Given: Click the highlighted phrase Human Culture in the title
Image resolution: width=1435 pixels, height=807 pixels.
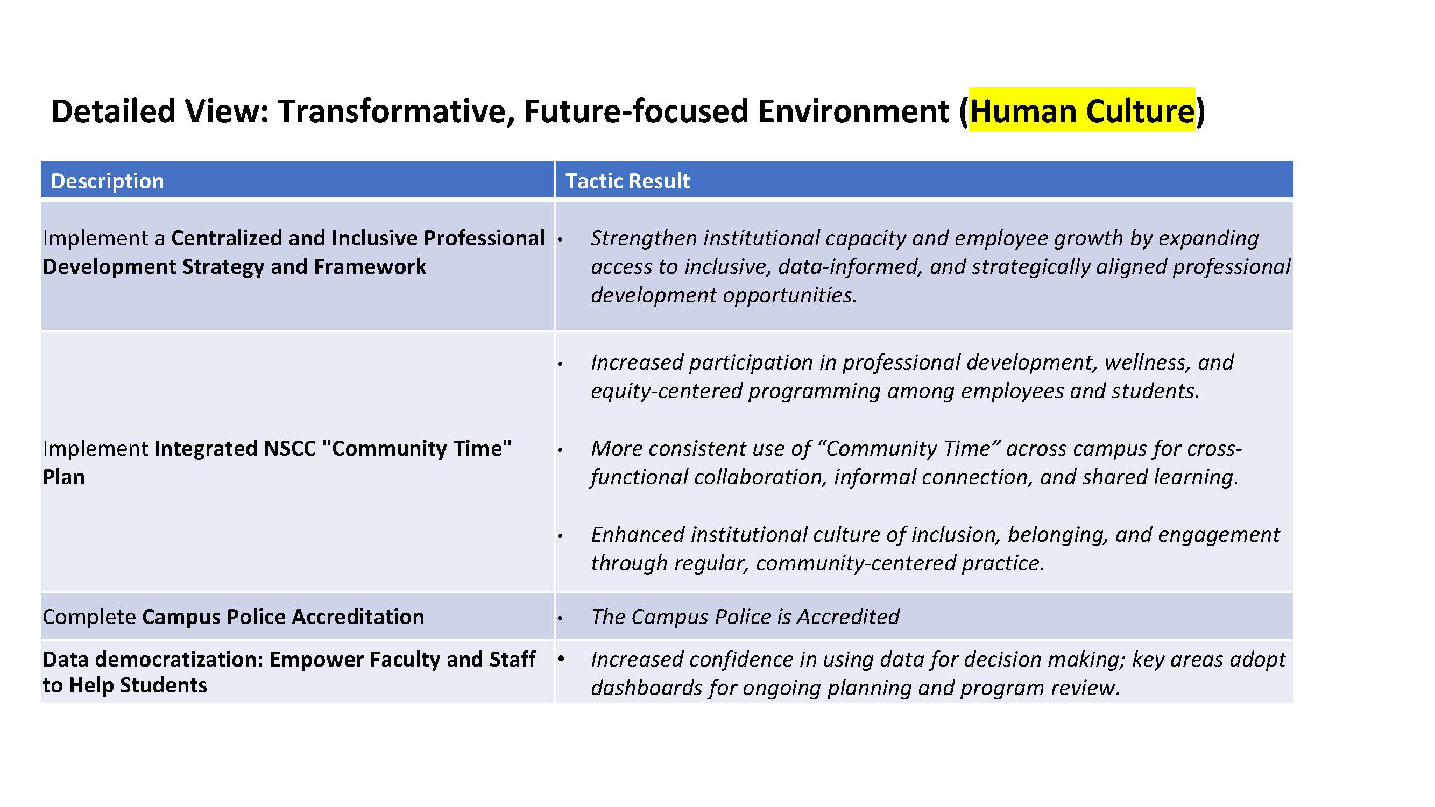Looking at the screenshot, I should pyautogui.click(x=1081, y=110).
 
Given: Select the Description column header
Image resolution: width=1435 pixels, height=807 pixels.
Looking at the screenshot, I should pyautogui.click(x=108, y=181).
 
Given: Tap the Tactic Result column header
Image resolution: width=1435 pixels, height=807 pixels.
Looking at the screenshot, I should pyautogui.click(x=627, y=181).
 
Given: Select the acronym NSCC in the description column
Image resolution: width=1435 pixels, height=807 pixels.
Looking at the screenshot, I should pyautogui.click(x=289, y=448).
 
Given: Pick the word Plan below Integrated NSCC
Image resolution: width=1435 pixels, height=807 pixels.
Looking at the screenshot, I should pyautogui.click(x=64, y=477).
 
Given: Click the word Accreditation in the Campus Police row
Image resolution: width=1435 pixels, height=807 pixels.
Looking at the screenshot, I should pyautogui.click(x=358, y=617).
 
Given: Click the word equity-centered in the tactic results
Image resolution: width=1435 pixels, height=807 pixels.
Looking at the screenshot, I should pyautogui.click(x=666, y=391).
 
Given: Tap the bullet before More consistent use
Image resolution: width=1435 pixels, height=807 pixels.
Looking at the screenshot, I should pyautogui.click(x=561, y=450).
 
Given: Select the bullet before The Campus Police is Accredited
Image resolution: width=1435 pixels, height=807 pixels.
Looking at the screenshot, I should pyautogui.click(x=561, y=618).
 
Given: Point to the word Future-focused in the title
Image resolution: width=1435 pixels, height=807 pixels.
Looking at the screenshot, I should pyautogui.click(x=636, y=110).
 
